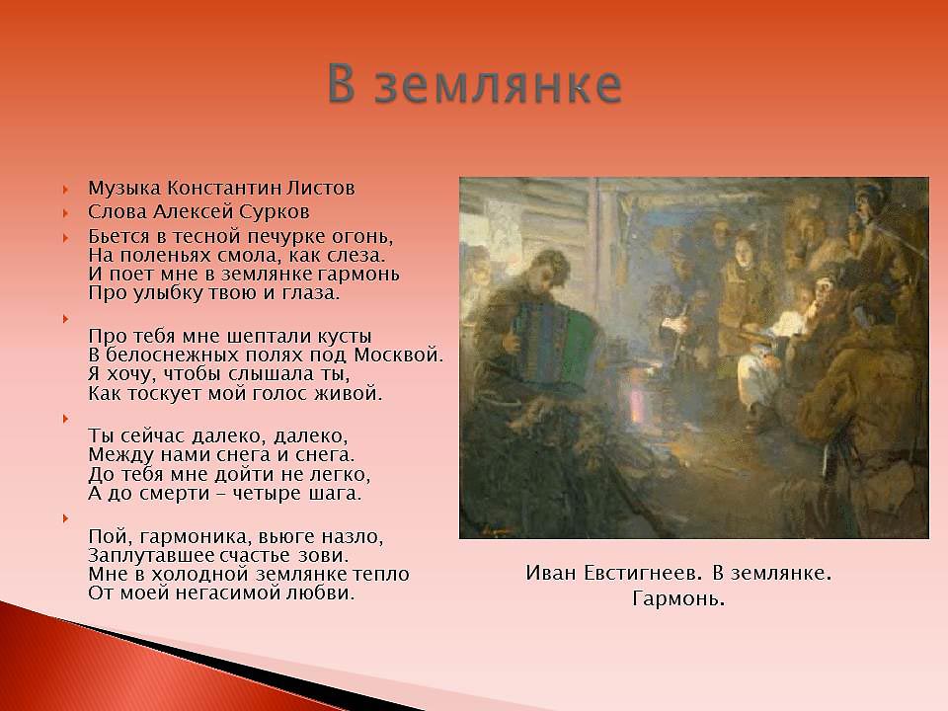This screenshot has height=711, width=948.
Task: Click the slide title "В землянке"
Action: [x=475, y=83]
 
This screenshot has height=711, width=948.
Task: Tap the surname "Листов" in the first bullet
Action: [x=320, y=188]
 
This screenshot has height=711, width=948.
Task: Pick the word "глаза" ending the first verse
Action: [x=311, y=293]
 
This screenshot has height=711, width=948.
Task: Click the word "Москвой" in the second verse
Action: [x=398, y=355]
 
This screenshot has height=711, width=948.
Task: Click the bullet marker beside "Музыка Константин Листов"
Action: [x=65, y=190]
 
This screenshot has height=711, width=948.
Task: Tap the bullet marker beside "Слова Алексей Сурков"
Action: [x=65, y=213]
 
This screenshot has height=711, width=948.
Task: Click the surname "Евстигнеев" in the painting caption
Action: [x=644, y=573]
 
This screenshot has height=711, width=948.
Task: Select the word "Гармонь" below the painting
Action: [x=678, y=599]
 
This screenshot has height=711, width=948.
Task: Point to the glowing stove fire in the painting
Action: [x=637, y=406]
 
